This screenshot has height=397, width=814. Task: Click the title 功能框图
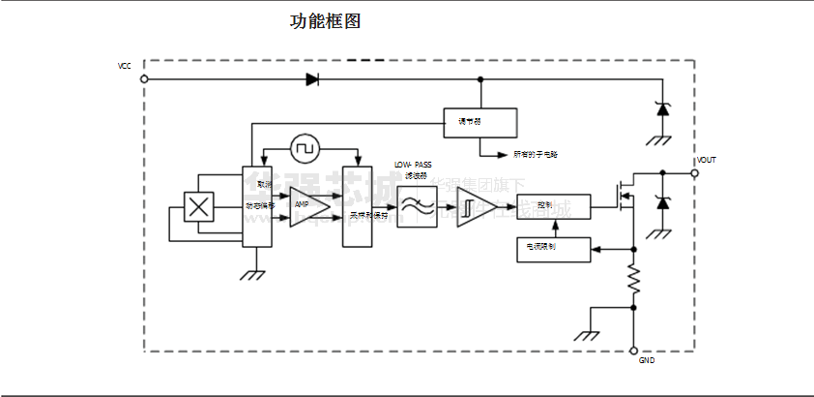[x=326, y=21]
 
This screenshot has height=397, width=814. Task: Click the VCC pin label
[x=125, y=66]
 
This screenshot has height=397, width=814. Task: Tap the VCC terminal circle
[x=144, y=79]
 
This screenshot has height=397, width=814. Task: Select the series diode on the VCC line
[x=312, y=79]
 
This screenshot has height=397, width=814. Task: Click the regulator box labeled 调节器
[x=480, y=121]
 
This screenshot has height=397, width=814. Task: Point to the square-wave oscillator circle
[x=306, y=148]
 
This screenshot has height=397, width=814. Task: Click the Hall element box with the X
[x=198, y=207]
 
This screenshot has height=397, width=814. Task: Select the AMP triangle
[x=308, y=205]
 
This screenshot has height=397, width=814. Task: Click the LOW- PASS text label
[x=413, y=166]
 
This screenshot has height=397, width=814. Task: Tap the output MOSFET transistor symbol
[x=625, y=194]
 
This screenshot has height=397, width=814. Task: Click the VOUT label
[x=707, y=160]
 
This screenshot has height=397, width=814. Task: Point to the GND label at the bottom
[x=647, y=361]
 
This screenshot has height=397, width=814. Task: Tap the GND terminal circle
[x=634, y=351]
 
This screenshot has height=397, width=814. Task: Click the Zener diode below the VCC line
[x=663, y=109]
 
